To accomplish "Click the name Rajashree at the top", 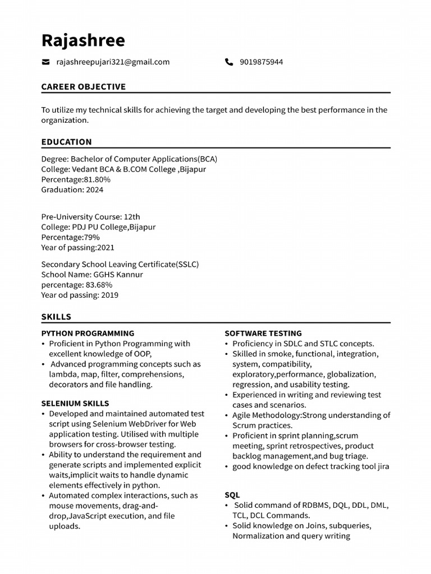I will click(x=83, y=40).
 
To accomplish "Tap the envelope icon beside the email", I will click(x=45, y=62).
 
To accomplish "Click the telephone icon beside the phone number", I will click(x=229, y=62).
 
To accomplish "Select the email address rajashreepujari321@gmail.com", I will click(x=113, y=62).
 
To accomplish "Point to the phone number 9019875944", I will click(x=261, y=62).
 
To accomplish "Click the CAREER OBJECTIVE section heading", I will click(x=84, y=87).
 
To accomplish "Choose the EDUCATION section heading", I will click(x=66, y=142).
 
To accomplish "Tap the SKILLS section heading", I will click(x=56, y=317).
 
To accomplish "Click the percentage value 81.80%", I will click(x=97, y=179).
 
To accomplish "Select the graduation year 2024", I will click(x=94, y=189).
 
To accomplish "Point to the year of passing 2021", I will click(x=106, y=247).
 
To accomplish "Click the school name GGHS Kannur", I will click(x=118, y=275).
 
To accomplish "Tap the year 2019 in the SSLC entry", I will click(x=109, y=295).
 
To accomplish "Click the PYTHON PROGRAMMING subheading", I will click(x=88, y=333).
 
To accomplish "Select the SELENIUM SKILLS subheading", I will click(x=75, y=403).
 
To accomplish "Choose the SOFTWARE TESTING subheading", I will click(x=263, y=333).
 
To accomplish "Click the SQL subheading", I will click(x=232, y=495).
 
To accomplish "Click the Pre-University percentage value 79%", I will click(x=91, y=237).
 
